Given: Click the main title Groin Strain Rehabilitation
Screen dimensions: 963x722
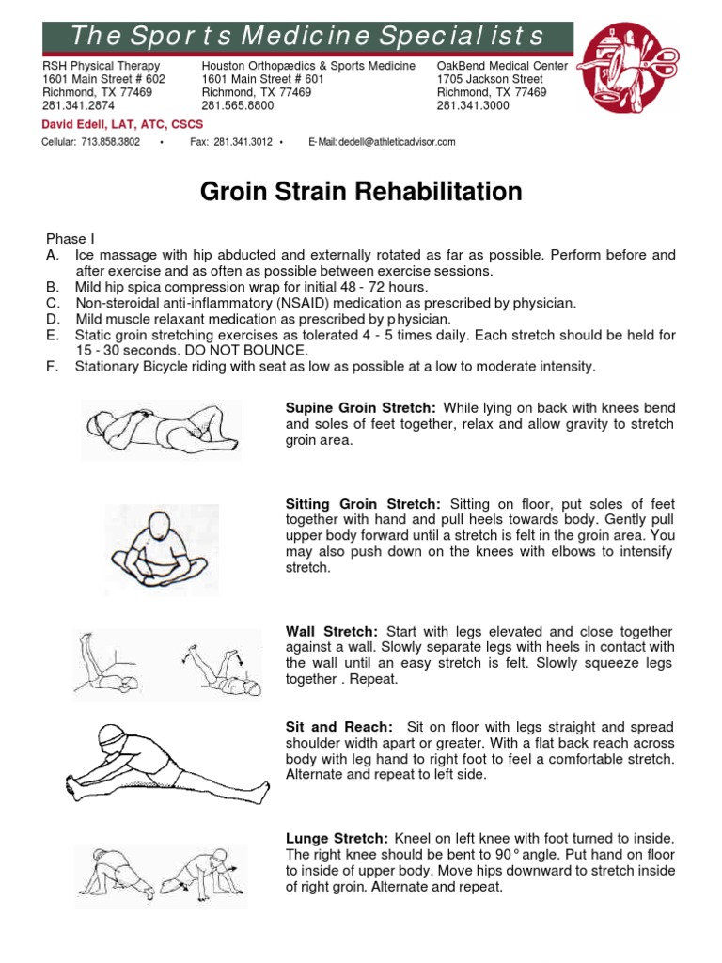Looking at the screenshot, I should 361,193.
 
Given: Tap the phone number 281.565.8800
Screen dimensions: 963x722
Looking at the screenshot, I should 236,106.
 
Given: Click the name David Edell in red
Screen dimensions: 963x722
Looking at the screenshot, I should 75,124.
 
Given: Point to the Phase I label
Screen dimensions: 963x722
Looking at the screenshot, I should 71,240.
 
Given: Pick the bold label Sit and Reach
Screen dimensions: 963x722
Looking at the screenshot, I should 338,728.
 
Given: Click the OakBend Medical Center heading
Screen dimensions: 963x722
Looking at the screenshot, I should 501,66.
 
